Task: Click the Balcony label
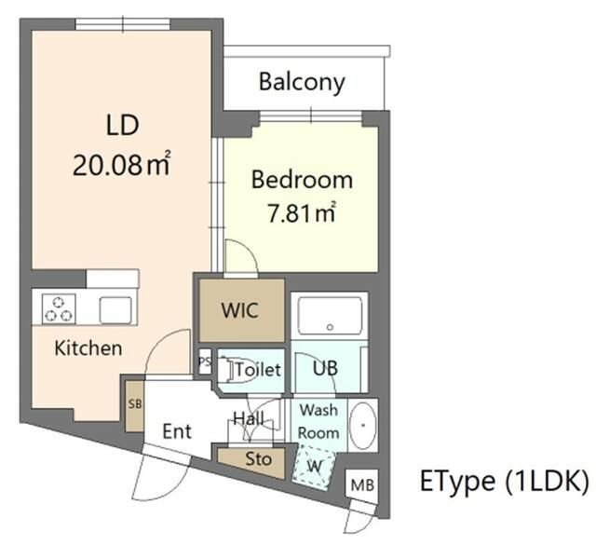click(302, 82)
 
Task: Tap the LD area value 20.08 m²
click(121, 165)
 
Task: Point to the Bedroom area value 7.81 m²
click(302, 212)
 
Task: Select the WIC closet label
click(240, 310)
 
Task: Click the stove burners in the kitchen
click(59, 308)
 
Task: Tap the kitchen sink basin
click(115, 310)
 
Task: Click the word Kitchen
click(88, 348)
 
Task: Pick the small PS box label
click(205, 361)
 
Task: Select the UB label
click(325, 368)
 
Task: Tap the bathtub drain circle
click(330, 327)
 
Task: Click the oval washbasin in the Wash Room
click(362, 425)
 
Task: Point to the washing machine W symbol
click(315, 466)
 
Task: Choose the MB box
click(362, 484)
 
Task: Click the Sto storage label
click(259, 459)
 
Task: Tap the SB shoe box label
click(135, 404)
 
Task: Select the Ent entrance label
click(177, 431)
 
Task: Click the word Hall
click(249, 418)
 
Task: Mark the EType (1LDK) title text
click(505, 481)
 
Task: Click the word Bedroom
click(302, 180)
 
